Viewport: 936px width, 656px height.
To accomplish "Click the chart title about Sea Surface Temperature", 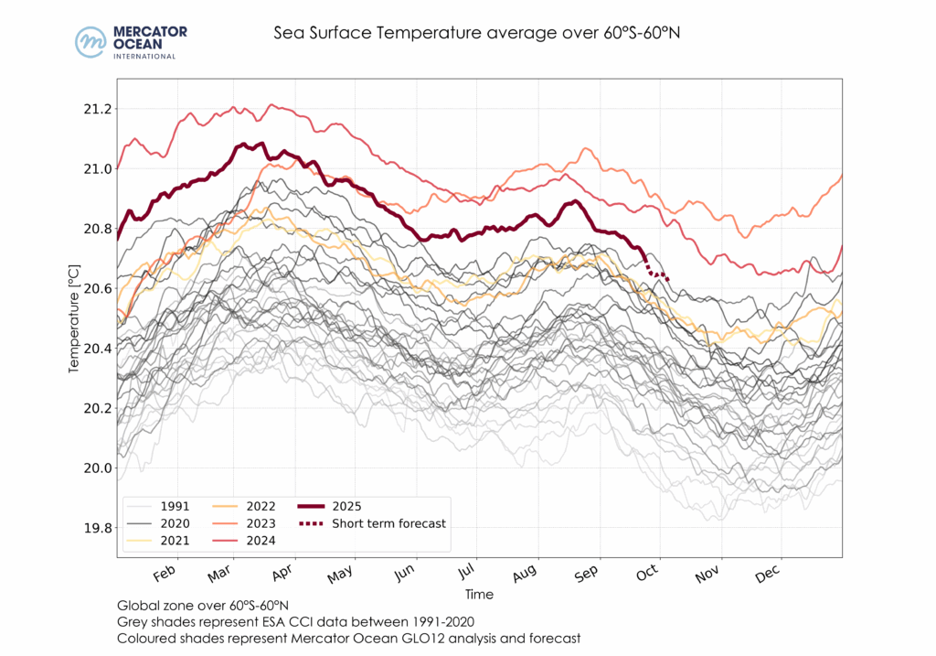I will point(477,33).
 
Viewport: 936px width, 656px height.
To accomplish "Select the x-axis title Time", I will point(480,594).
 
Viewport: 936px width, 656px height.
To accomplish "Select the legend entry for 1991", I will point(175,506).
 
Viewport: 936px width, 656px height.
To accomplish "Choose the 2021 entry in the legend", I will point(175,541).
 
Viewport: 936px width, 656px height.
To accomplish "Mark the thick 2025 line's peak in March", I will point(243,144).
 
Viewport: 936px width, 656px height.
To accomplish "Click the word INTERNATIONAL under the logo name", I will point(144,57).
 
